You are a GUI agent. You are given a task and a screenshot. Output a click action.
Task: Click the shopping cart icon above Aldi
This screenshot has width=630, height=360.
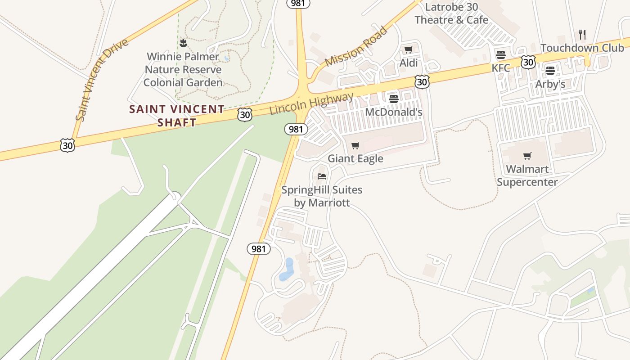click(408, 50)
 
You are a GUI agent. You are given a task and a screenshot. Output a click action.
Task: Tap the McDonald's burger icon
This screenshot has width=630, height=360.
click(394, 99)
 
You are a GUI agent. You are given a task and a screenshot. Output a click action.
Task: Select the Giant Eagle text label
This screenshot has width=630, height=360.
click(355, 158)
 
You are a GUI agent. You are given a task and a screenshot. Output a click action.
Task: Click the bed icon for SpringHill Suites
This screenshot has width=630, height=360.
click(321, 176)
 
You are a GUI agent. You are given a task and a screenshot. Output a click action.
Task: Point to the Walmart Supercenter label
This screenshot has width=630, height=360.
click(527, 175)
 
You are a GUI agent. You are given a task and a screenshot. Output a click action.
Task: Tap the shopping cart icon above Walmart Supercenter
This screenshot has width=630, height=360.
click(527, 156)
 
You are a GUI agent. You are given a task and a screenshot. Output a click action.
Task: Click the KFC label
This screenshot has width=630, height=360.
click(500, 68)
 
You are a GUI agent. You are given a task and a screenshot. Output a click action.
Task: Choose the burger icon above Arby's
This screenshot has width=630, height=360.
click(550, 71)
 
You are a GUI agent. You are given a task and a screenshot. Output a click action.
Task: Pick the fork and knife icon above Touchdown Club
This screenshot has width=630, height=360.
click(582, 34)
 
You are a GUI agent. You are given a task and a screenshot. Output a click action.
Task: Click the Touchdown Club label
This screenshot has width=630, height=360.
click(582, 48)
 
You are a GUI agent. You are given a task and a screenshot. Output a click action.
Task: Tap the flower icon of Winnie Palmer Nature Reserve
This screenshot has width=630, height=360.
click(183, 43)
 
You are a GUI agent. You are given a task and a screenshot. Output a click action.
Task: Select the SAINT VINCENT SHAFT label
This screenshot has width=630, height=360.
click(177, 116)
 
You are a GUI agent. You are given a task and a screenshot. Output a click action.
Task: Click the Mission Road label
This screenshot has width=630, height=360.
click(355, 46)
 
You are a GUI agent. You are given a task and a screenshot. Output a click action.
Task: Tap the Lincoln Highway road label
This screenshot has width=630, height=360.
click(312, 103)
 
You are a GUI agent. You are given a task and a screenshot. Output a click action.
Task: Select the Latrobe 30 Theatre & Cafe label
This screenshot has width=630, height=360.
click(451, 13)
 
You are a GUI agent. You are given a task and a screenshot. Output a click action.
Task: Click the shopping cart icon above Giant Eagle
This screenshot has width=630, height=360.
click(355, 145)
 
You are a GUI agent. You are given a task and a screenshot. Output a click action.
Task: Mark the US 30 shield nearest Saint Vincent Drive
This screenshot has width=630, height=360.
click(67, 145)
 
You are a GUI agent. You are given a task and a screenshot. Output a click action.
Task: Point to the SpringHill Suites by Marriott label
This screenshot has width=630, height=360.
click(322, 196)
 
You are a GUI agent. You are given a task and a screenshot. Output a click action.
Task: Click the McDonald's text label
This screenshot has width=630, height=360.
click(393, 112)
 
